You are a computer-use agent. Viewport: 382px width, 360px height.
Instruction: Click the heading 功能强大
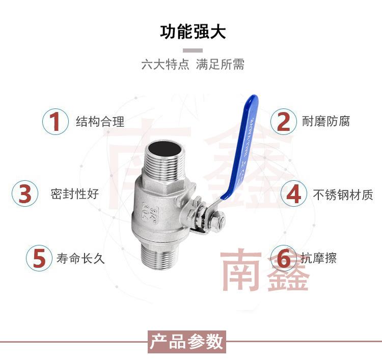(193, 32)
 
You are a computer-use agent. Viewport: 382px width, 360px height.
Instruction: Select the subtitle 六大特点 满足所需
(193, 65)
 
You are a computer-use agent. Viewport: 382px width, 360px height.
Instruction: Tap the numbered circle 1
(54, 122)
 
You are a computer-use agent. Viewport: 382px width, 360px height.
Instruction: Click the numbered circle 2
(283, 122)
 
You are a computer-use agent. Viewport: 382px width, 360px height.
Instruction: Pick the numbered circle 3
(25, 194)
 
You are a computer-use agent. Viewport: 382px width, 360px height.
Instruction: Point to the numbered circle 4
(294, 194)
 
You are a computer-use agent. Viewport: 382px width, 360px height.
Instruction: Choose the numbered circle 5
(39, 258)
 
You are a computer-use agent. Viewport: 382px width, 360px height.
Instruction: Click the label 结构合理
(100, 122)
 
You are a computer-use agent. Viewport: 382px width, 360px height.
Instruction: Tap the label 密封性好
(74, 194)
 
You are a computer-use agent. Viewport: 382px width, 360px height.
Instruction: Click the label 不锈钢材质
(343, 194)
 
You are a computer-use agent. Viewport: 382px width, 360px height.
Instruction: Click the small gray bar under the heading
(193, 50)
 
